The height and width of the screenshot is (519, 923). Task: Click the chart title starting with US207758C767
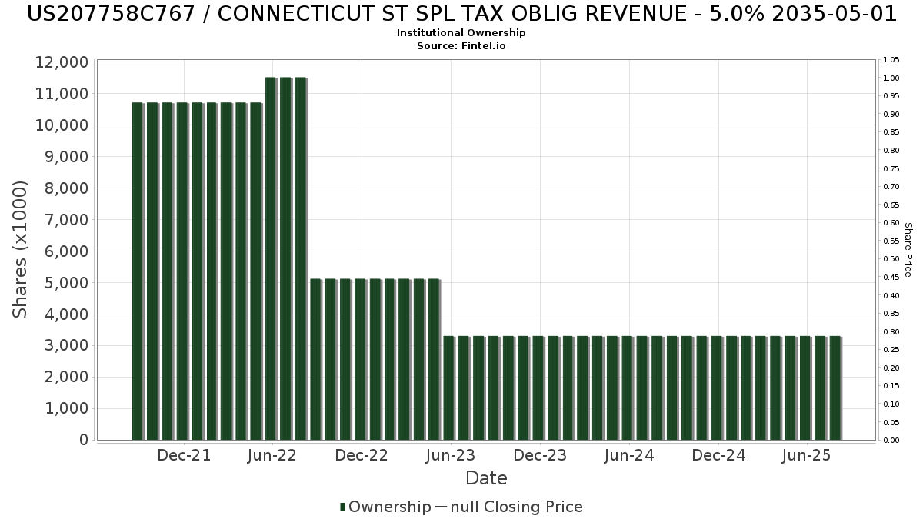(x=461, y=14)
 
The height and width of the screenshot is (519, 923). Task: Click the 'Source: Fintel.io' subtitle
(x=461, y=46)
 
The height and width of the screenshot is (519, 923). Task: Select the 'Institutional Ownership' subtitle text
(x=461, y=33)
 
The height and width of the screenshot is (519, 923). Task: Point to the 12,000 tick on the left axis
(x=62, y=62)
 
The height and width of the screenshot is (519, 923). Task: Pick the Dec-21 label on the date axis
(x=184, y=455)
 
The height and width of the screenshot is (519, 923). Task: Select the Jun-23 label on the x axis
(x=451, y=455)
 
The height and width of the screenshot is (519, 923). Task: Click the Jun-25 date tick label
(x=805, y=455)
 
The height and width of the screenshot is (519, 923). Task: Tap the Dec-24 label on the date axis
(x=718, y=455)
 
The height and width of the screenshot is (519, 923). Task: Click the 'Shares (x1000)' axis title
(x=21, y=249)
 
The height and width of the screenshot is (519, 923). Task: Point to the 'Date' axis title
(x=486, y=478)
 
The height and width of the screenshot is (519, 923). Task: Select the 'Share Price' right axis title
(x=908, y=250)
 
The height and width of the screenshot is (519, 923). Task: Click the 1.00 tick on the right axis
(x=891, y=78)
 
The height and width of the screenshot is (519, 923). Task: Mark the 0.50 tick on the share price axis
(x=891, y=259)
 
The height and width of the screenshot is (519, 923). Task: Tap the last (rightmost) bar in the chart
(x=835, y=388)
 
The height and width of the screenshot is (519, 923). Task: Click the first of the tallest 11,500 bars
(x=271, y=258)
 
